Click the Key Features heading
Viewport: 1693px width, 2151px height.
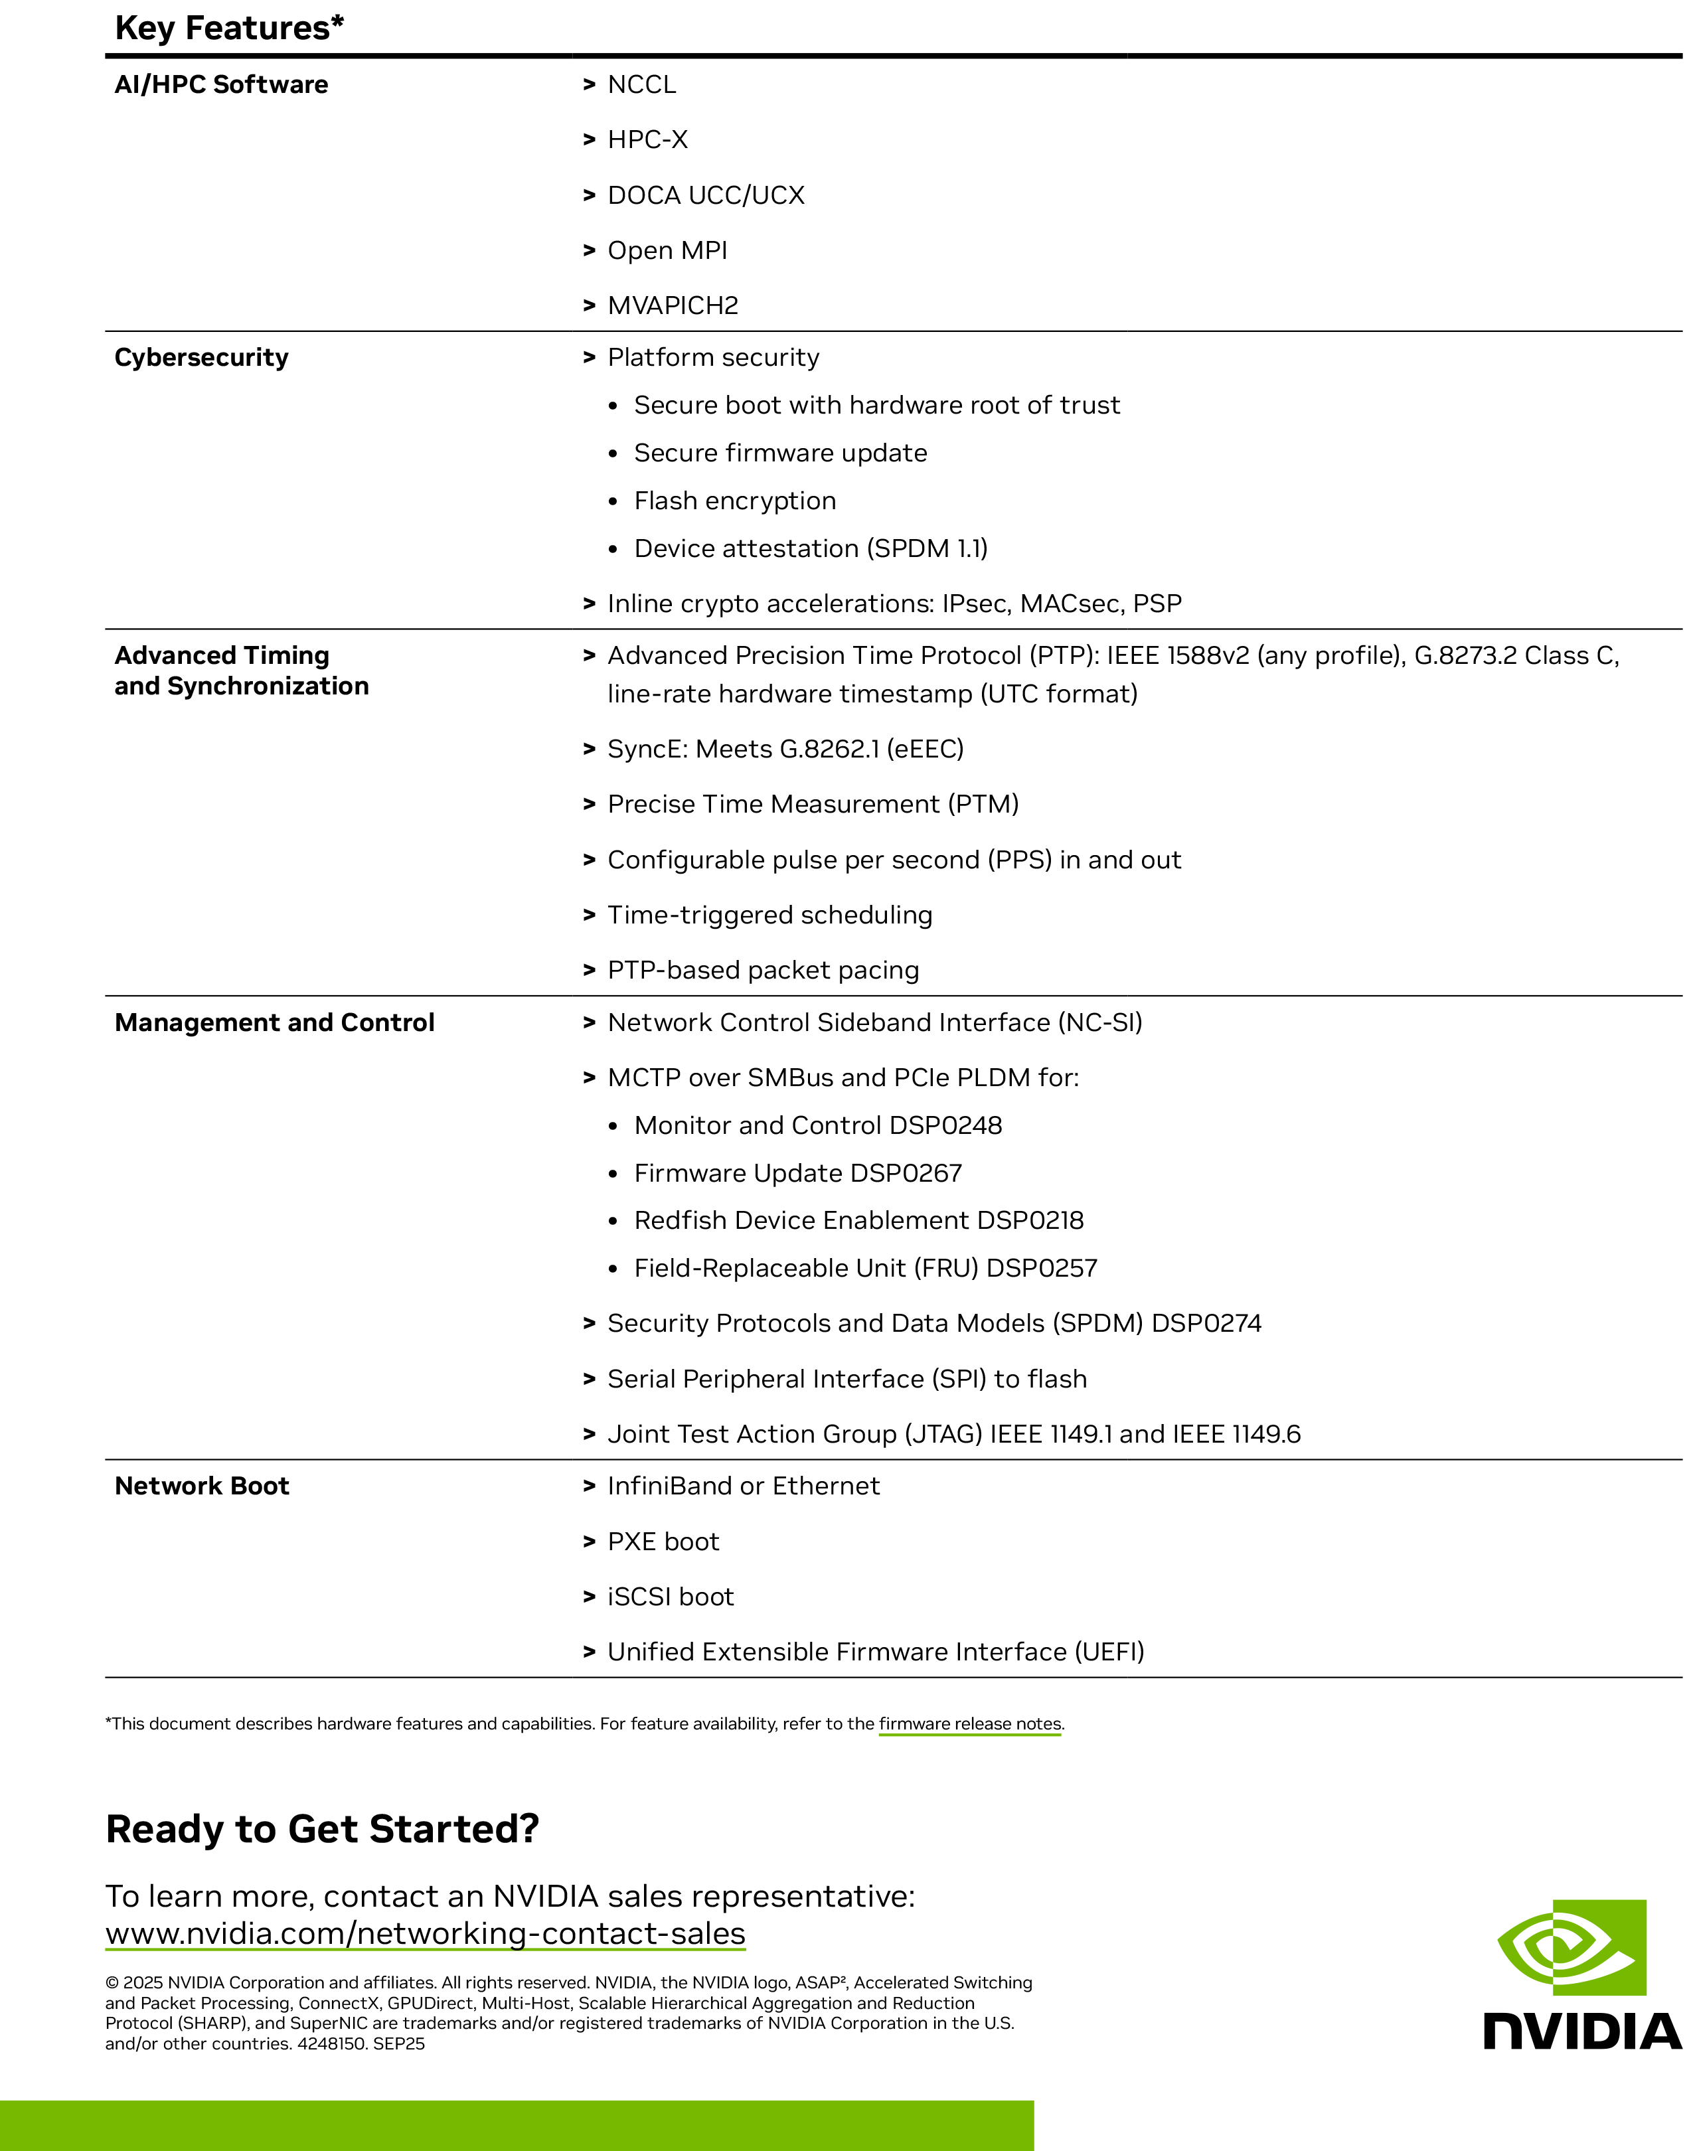point(229,28)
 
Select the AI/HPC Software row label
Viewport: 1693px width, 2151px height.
point(221,84)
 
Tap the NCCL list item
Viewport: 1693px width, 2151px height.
point(641,84)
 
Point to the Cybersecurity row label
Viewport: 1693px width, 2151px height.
point(201,357)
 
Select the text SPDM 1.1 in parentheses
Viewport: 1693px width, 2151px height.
point(927,548)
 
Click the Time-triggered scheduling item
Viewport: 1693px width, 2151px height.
point(769,915)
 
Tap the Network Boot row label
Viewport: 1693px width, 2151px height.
point(202,1486)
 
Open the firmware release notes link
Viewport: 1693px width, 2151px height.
point(969,1723)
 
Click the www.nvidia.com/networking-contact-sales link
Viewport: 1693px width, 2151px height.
point(425,1934)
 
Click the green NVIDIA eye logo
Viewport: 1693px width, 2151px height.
point(1572,1948)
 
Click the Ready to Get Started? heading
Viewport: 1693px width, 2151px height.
point(322,1829)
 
